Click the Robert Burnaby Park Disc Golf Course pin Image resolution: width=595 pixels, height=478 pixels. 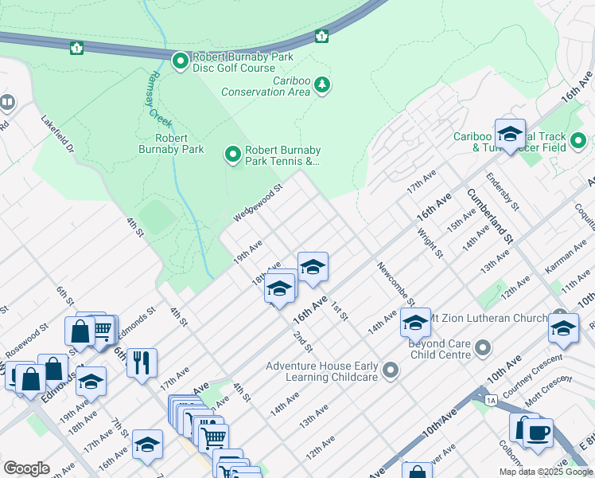tap(181, 61)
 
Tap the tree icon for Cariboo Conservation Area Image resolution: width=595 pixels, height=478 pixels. tap(321, 84)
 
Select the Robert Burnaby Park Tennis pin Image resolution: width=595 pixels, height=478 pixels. tap(233, 154)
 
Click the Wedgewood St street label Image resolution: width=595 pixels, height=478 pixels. tap(259, 204)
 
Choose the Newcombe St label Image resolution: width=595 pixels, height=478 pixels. tap(395, 283)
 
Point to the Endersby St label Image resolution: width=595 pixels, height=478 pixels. tap(503, 191)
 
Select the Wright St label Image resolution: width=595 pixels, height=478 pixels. tap(430, 243)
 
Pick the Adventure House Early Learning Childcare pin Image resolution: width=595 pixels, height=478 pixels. tap(390, 370)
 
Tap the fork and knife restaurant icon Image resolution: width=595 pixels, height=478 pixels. tap(142, 362)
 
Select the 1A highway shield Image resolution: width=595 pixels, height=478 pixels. tap(491, 399)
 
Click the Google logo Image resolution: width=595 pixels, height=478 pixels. tap(26, 468)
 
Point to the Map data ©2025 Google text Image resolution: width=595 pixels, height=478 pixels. tap(546, 472)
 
